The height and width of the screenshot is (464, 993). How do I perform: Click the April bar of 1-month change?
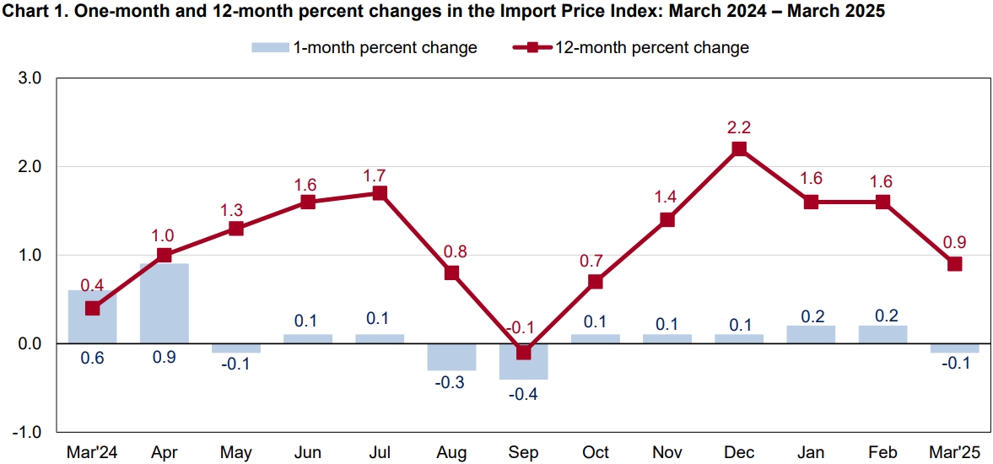pyautogui.click(x=164, y=304)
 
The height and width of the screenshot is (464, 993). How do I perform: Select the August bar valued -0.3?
pyautogui.click(x=451, y=357)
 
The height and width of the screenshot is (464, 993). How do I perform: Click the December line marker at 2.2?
pyautogui.click(x=739, y=149)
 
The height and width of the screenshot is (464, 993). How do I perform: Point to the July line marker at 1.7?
pyautogui.click(x=380, y=193)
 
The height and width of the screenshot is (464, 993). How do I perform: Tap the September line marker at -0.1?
pyautogui.click(x=523, y=352)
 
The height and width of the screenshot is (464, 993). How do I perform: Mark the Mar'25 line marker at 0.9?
pyautogui.click(x=955, y=264)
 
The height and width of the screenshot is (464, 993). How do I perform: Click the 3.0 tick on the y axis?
pyautogui.click(x=30, y=78)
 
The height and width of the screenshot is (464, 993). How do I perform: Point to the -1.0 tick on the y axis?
pyautogui.click(x=27, y=432)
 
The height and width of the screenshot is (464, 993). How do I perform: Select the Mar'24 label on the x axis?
pyautogui.click(x=92, y=452)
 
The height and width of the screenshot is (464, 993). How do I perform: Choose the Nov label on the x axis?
pyautogui.click(x=667, y=452)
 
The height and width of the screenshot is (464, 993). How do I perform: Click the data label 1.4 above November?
pyautogui.click(x=667, y=198)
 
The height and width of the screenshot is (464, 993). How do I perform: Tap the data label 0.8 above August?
pyautogui.click(x=451, y=251)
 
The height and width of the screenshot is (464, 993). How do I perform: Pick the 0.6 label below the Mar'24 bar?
pyautogui.click(x=92, y=359)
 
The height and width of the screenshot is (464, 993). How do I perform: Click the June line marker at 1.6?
pyautogui.click(x=308, y=202)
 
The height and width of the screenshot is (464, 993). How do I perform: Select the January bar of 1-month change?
pyautogui.click(x=811, y=335)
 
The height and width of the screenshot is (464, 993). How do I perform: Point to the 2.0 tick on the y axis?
pyautogui.click(x=30, y=167)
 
